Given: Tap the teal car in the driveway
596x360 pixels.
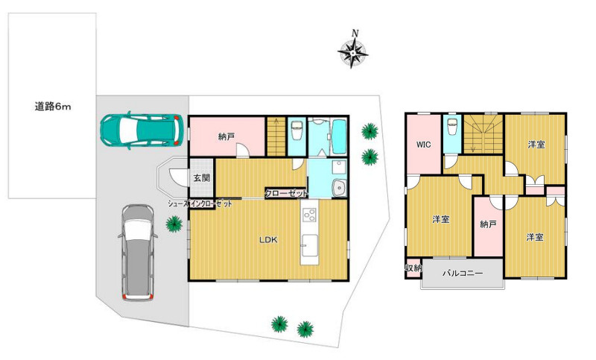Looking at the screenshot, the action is click(142, 130).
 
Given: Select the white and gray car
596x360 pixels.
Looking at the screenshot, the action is click(138, 253).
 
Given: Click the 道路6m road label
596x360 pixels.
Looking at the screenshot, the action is click(53, 107).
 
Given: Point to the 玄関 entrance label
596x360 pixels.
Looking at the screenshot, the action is click(202, 177).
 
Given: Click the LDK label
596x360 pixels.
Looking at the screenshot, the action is click(268, 240).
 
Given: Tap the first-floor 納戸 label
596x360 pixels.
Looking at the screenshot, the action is click(226, 137).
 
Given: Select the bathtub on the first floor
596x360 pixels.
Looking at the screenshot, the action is click(339, 136).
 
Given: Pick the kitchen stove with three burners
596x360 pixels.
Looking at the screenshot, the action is click(310, 215).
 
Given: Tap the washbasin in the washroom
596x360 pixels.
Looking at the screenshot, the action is click(339, 188).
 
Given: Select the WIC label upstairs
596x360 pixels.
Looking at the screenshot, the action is click(423, 145).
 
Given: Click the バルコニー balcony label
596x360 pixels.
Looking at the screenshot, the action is click(463, 273).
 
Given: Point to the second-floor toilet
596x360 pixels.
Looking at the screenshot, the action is click(452, 126).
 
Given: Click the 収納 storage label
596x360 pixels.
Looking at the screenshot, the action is click(413, 268).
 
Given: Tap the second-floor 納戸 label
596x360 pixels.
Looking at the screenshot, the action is click(488, 224).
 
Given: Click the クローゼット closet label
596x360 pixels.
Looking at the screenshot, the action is click(286, 194).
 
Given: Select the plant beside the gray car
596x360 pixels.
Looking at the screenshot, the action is click(174, 224).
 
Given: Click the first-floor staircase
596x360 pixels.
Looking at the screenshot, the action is click(276, 136).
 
